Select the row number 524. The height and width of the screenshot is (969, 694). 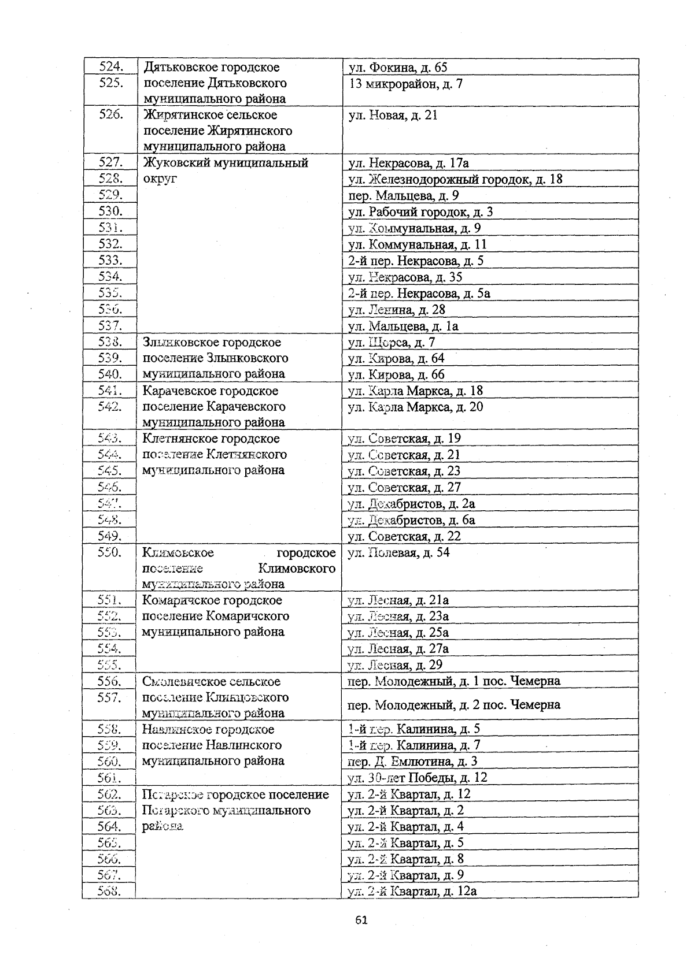pyautogui.click(x=110, y=67)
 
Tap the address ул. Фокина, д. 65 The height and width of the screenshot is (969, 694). pyautogui.click(x=398, y=68)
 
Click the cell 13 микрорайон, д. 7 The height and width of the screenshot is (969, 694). pyautogui.click(x=405, y=84)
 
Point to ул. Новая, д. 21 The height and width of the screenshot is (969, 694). pyautogui.click(x=393, y=115)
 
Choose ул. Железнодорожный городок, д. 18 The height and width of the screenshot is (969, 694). pyautogui.click(x=455, y=179)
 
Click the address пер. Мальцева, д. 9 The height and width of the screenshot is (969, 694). pyautogui.click(x=403, y=195)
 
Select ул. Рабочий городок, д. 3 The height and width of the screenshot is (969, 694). pyautogui.click(x=420, y=211)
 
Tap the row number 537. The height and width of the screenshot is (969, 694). pyautogui.click(x=110, y=326)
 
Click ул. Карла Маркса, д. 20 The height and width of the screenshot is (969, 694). pyautogui.click(x=415, y=407)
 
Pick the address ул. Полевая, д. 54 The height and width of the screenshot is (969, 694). pyautogui.click(x=398, y=552)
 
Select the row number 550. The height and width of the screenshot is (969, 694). pyautogui.click(x=110, y=552)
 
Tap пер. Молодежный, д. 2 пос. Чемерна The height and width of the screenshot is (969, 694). pyautogui.click(x=453, y=704)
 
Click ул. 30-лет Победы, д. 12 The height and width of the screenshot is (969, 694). pyautogui.click(x=418, y=777)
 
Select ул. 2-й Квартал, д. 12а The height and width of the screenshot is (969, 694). pyautogui.click(x=412, y=890)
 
